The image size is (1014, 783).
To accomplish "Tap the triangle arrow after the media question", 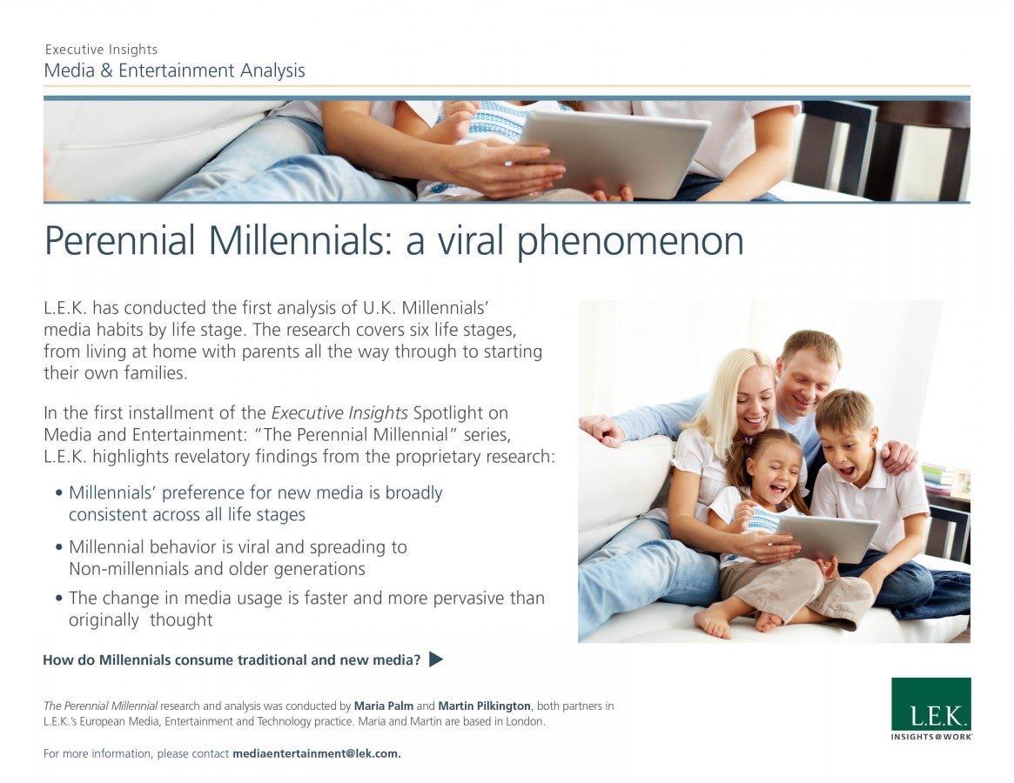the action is [436, 659].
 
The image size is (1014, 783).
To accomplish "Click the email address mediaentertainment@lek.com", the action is [316, 753].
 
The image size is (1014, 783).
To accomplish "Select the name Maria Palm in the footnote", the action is [384, 706].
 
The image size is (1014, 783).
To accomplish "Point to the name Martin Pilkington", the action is [484, 706].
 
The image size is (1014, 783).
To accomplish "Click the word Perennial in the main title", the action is [119, 240].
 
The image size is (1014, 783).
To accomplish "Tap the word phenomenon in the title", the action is [630, 242].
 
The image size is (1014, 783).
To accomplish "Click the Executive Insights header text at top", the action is [102, 49].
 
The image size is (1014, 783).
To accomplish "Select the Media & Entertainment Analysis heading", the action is [175, 70].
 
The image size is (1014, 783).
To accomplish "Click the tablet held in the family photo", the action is [827, 538].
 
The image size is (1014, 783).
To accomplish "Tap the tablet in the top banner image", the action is [614, 152].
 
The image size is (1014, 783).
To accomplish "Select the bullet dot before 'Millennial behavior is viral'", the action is [59, 547].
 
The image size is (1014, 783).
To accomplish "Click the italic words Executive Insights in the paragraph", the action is [339, 412].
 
